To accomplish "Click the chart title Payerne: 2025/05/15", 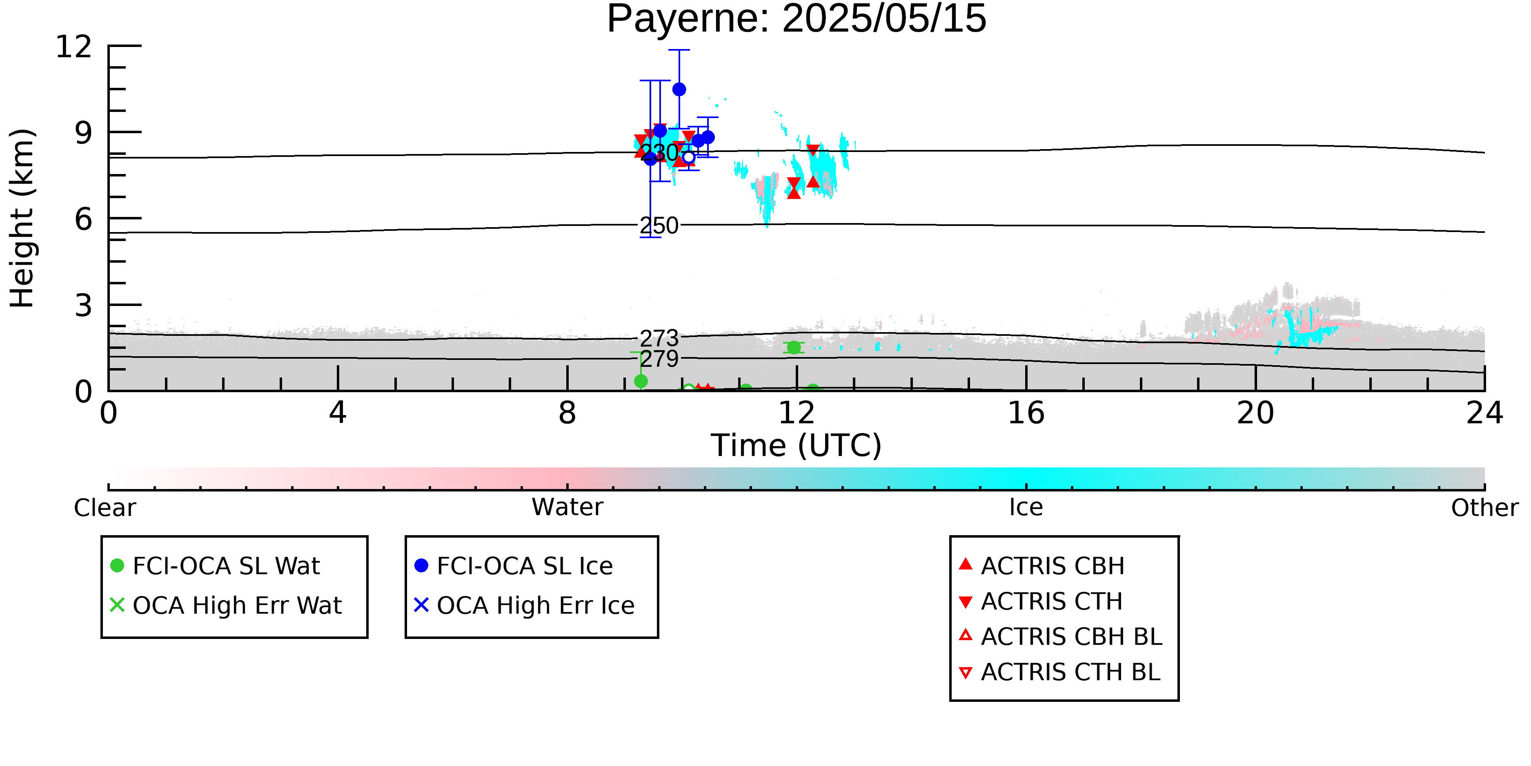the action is point(797,19).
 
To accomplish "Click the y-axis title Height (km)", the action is point(22,218).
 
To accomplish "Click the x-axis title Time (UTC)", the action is point(797,445).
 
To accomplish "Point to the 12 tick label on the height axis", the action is point(74,47).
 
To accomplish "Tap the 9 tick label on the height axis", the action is point(84,133).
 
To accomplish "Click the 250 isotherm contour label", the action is point(659,226).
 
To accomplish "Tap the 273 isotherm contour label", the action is point(659,338).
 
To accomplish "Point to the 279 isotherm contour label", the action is point(659,359).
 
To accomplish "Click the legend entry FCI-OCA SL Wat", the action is point(215,565).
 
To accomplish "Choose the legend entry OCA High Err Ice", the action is point(524,605).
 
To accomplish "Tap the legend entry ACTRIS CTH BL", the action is point(1060,672).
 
